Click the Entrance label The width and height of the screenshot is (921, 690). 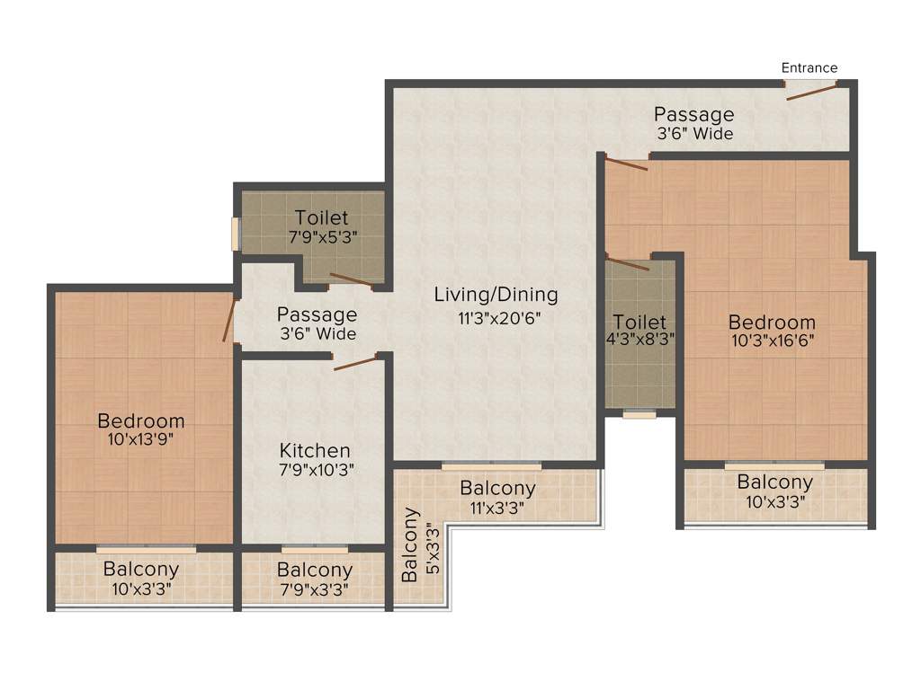[x=809, y=67]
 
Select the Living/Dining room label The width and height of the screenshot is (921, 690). [x=496, y=295]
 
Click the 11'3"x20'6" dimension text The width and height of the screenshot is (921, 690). [x=499, y=316]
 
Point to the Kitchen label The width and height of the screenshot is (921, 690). [x=314, y=450]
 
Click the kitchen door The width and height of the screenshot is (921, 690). [x=354, y=362]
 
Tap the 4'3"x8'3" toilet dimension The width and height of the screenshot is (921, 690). [x=639, y=340]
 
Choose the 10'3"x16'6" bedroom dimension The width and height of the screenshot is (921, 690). [x=772, y=341]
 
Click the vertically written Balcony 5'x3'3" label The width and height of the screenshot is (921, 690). [x=419, y=545]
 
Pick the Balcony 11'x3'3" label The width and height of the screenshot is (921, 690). [x=497, y=497]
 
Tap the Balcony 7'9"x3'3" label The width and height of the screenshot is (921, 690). [x=314, y=579]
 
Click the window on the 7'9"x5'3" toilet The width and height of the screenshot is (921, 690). [x=236, y=234]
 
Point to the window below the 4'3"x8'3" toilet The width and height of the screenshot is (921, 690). [x=639, y=415]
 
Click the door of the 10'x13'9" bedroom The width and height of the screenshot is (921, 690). [x=229, y=321]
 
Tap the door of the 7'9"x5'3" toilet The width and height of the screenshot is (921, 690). [x=351, y=280]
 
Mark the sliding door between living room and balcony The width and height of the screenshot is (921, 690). [x=491, y=465]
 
